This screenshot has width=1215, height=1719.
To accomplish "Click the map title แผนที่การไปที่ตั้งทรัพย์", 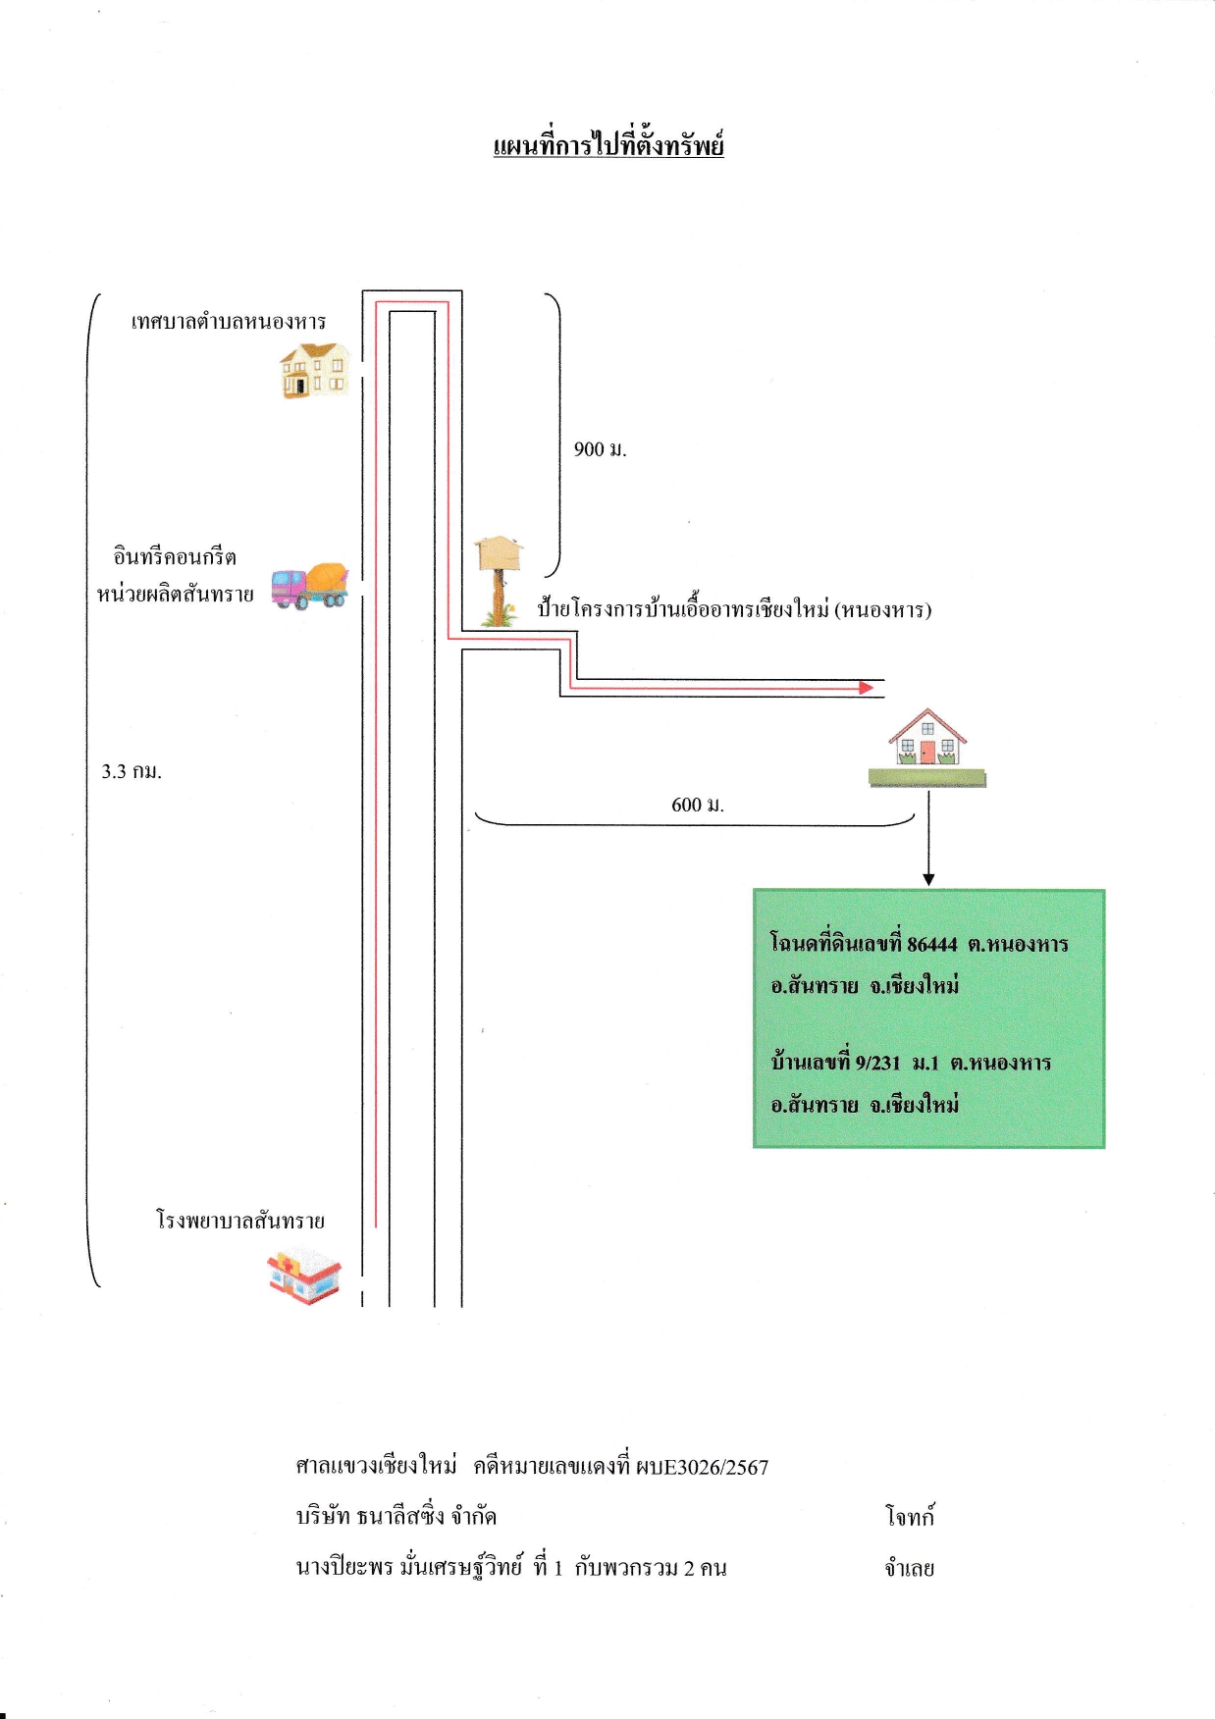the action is (608, 146).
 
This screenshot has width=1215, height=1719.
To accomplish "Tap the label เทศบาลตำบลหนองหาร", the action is (229, 322).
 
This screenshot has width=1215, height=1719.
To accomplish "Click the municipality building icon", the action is (315, 370).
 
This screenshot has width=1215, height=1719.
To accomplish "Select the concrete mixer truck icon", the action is (310, 586).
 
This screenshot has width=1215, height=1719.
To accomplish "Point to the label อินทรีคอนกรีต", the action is (175, 556).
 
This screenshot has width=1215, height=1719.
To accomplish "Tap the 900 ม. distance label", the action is (601, 449).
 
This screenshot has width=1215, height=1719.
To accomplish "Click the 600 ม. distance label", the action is (698, 805).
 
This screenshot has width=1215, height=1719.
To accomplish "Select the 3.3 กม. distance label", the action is (132, 771).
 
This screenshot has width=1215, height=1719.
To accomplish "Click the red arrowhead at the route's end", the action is (867, 688).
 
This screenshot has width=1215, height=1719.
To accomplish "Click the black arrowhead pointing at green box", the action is (928, 880).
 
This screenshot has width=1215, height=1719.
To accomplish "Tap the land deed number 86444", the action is (932, 944).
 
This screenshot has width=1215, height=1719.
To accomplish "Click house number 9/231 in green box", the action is (877, 1063).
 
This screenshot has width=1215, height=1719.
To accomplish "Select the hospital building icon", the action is (305, 1276).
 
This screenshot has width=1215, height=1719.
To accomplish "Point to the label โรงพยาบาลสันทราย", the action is (240, 1221).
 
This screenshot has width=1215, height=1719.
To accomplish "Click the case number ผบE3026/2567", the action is (702, 1468).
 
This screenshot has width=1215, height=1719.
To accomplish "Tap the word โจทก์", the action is (910, 1516).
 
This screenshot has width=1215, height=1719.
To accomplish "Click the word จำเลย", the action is (910, 1568).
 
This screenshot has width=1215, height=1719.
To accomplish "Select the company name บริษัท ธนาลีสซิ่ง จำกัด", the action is (396, 1516).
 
